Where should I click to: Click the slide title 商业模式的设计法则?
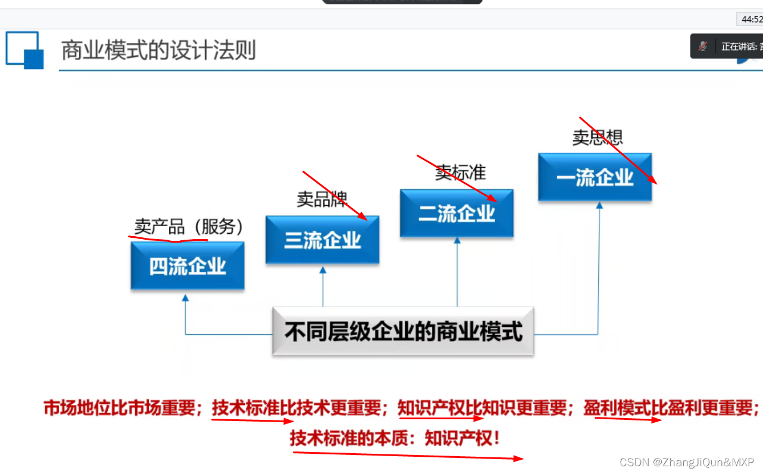pos(158,51)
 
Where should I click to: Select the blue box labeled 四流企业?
pos(187,266)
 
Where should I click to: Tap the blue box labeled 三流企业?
pos(322,240)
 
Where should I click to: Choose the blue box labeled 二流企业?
pos(456,214)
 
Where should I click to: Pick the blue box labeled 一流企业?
pos(595,177)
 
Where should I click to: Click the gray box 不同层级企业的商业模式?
pos(403,331)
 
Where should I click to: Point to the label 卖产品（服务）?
pos(189,227)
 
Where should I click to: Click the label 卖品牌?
pos(321,199)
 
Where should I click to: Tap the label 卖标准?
pos(460,172)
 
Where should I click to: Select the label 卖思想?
pos(597,137)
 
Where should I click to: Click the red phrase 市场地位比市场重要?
pos(119,408)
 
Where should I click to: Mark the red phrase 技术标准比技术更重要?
pos(296,408)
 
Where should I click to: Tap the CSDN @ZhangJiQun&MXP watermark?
pos(686,462)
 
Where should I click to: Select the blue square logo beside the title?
pos(25,50)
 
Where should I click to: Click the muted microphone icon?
pos(703,46)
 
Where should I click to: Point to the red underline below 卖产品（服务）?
pos(168,240)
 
